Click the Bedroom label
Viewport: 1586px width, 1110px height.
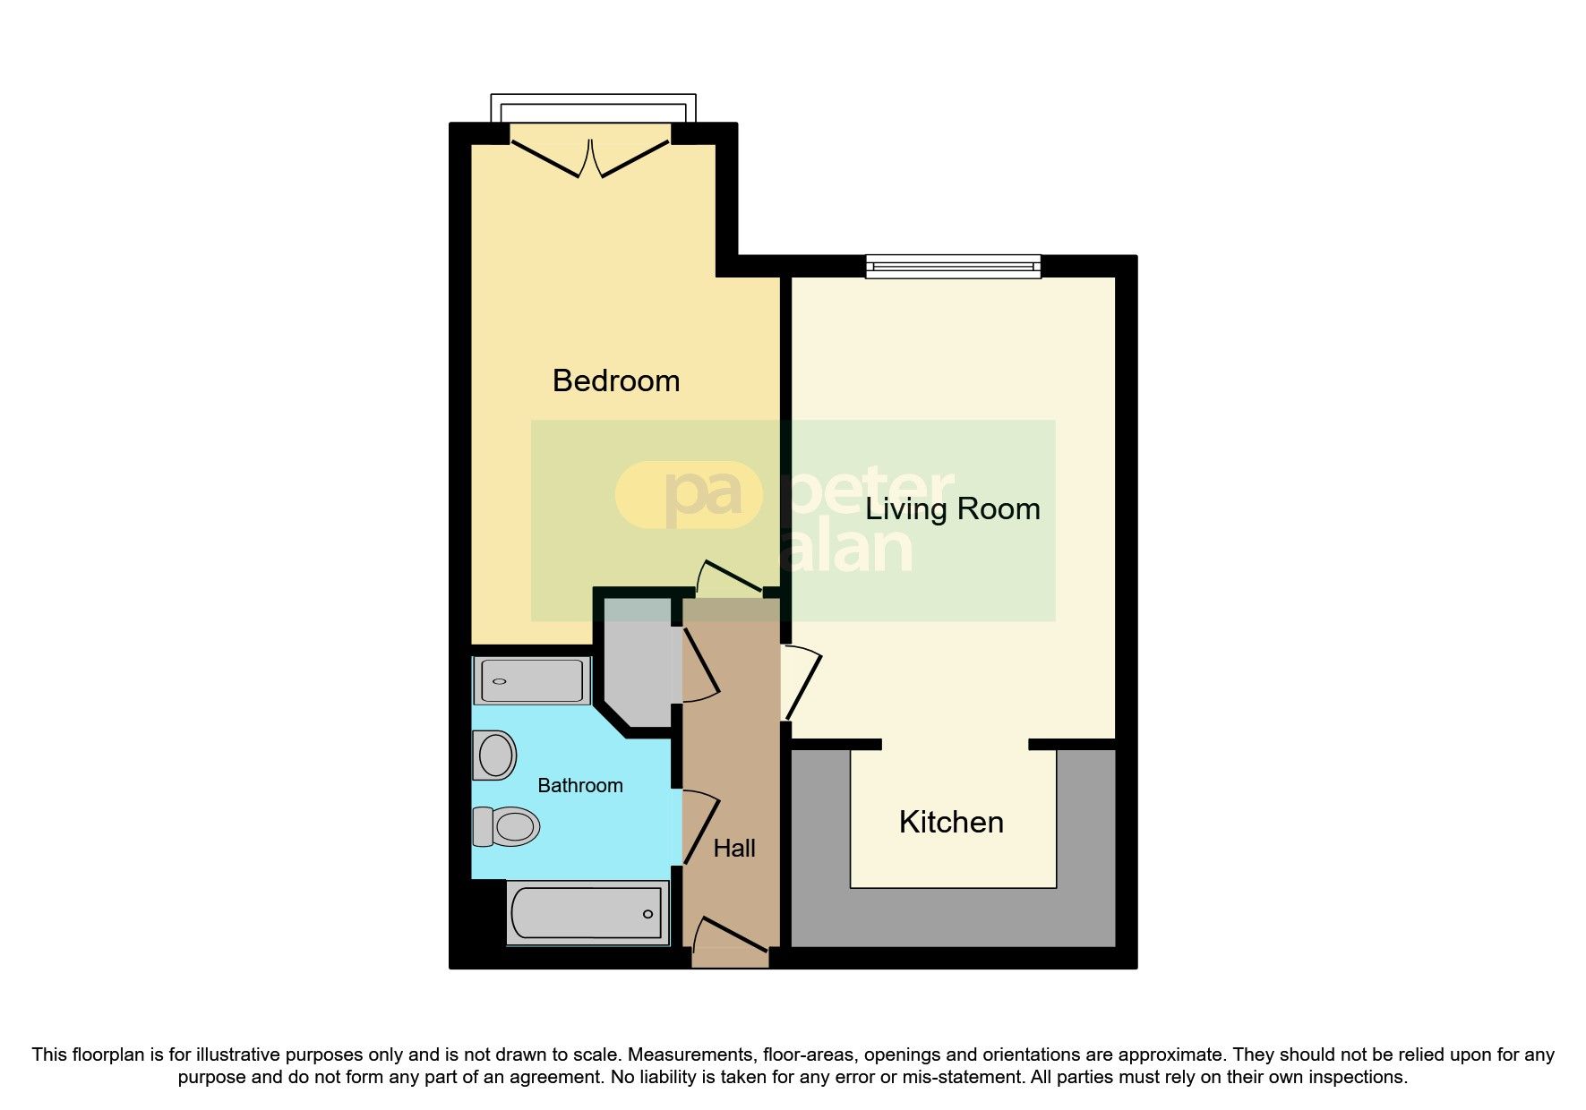(616, 380)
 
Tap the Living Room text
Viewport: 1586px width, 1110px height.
(952, 509)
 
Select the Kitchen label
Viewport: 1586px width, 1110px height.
(951, 822)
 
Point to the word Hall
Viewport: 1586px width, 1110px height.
(734, 848)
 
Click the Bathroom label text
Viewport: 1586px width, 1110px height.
(579, 785)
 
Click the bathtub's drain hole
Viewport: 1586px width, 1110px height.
(647, 914)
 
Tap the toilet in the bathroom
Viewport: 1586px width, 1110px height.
(508, 825)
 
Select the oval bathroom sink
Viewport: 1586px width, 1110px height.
(495, 755)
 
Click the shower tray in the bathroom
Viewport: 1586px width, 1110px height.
(531, 681)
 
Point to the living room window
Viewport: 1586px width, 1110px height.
(953, 266)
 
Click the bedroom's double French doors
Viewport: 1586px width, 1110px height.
(590, 157)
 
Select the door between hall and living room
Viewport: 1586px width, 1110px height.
(802, 682)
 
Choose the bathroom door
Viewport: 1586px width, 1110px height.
(700, 825)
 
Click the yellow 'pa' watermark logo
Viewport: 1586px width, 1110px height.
(688, 495)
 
